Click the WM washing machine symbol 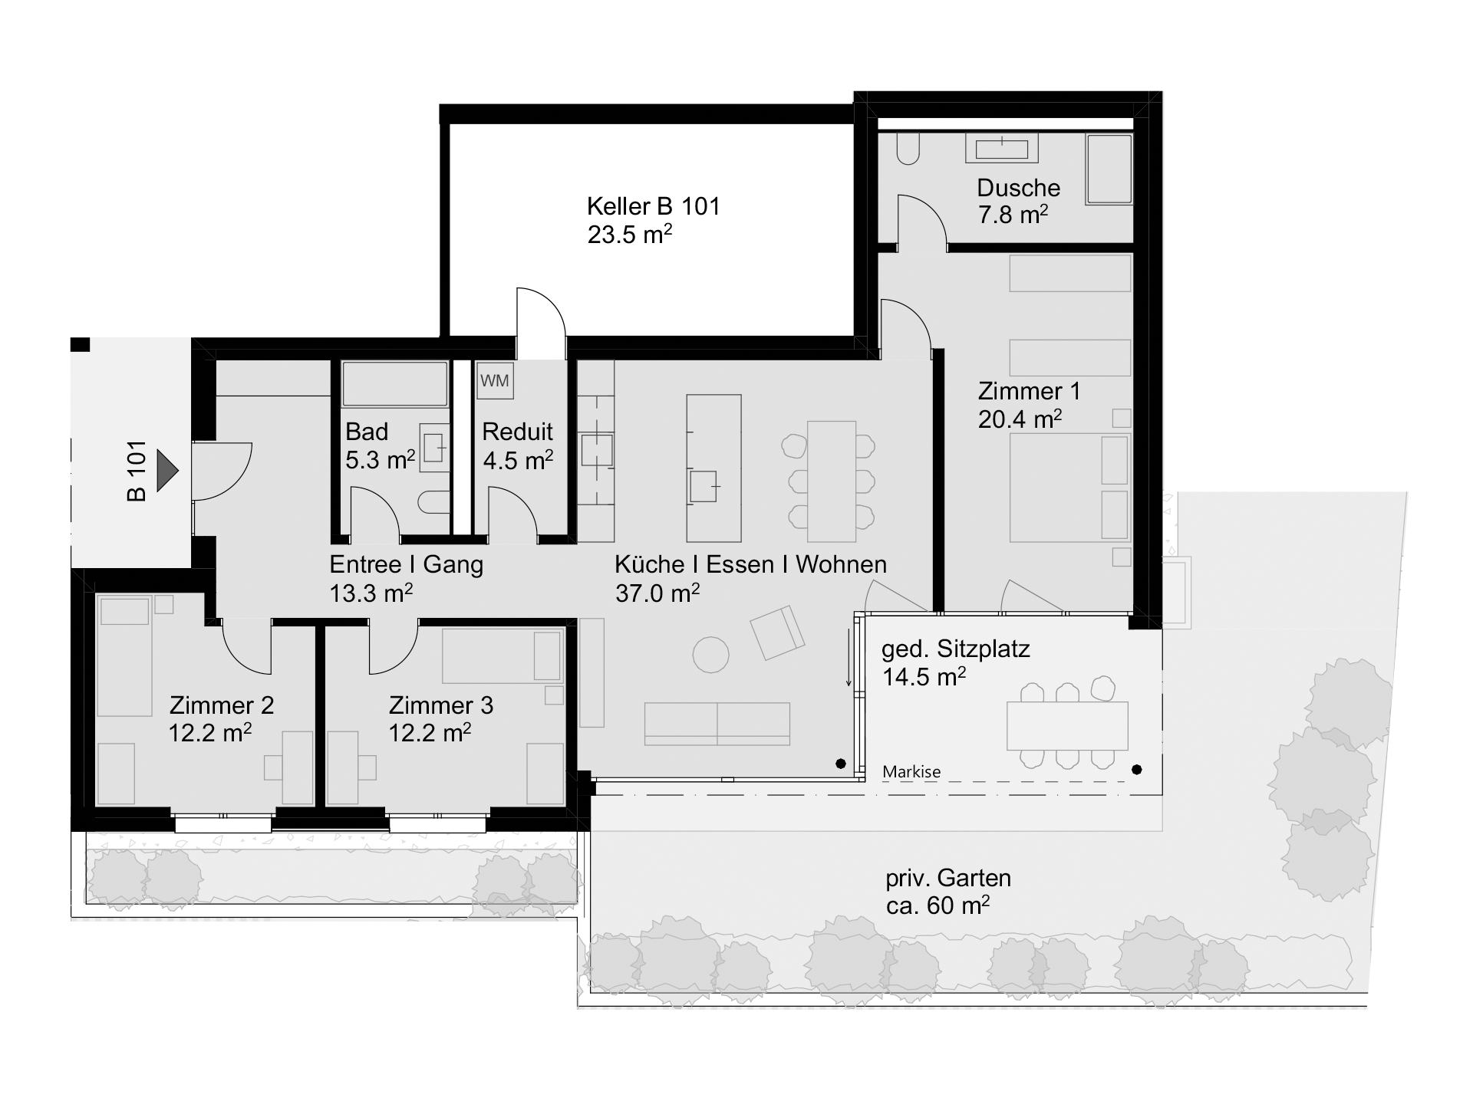pyautogui.click(x=494, y=381)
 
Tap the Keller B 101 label pyautogui.click(x=653, y=206)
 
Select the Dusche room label pyautogui.click(x=1018, y=188)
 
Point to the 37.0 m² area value pyautogui.click(x=657, y=593)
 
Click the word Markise pyautogui.click(x=911, y=772)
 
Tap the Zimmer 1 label pyautogui.click(x=1029, y=391)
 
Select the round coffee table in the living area pyautogui.click(x=710, y=655)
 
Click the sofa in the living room pyautogui.click(x=717, y=724)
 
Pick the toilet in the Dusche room pyautogui.click(x=907, y=149)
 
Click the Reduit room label pyautogui.click(x=517, y=432)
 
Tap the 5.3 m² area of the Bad pyautogui.click(x=380, y=460)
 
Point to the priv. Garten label pyautogui.click(x=948, y=878)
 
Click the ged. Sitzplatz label pyautogui.click(x=955, y=649)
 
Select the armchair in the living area pyautogui.click(x=777, y=632)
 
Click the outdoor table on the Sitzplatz pyautogui.click(x=1067, y=726)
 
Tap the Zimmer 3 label pyautogui.click(x=440, y=705)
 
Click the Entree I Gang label pyautogui.click(x=406, y=565)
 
